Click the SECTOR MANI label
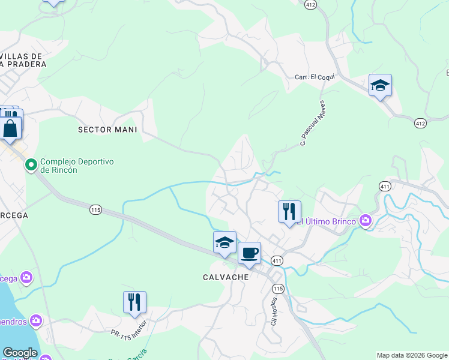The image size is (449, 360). click(108, 129)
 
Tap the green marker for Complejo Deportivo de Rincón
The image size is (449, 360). click(31, 164)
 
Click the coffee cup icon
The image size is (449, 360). click(249, 253)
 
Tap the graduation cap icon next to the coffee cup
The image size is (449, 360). click(224, 242)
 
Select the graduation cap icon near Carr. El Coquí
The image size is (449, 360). click(380, 85)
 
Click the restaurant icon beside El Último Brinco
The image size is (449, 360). click(289, 212)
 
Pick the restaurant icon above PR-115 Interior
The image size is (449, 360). click(134, 302)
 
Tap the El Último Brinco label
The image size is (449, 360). click(328, 221)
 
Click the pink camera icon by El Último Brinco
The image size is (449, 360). click(366, 221)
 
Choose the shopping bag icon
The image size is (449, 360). click(10, 128)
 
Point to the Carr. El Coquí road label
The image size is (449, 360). click(313, 77)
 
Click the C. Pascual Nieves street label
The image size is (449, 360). click(312, 123)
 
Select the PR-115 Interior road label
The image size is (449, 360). click(128, 334)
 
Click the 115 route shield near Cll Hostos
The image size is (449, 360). click(277, 289)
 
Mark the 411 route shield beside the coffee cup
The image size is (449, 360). click(277, 260)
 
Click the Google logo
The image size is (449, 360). click(20, 353)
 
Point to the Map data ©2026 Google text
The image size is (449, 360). click(411, 355)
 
